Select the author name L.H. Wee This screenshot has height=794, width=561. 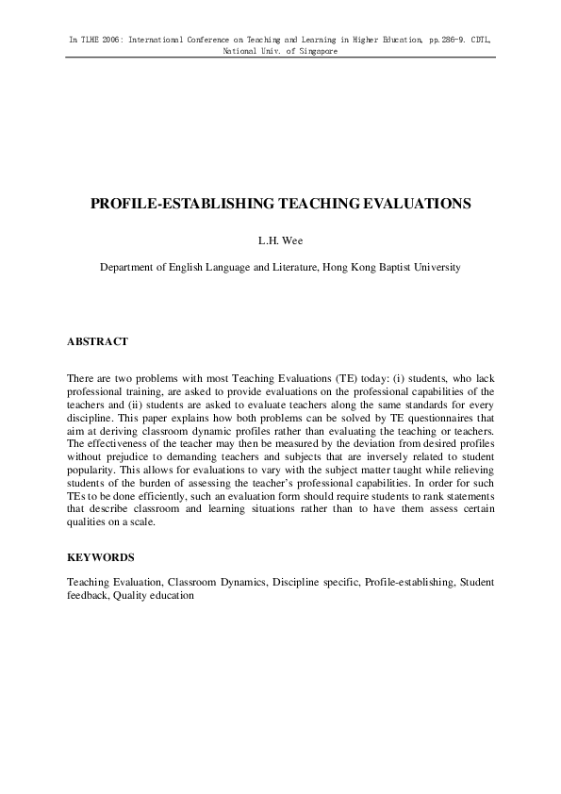tap(280, 240)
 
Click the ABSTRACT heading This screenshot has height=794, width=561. tap(97, 341)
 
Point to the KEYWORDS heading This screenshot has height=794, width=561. tap(100, 557)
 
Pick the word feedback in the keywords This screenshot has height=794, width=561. tap(88, 595)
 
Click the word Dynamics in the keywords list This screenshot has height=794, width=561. tap(240, 583)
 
